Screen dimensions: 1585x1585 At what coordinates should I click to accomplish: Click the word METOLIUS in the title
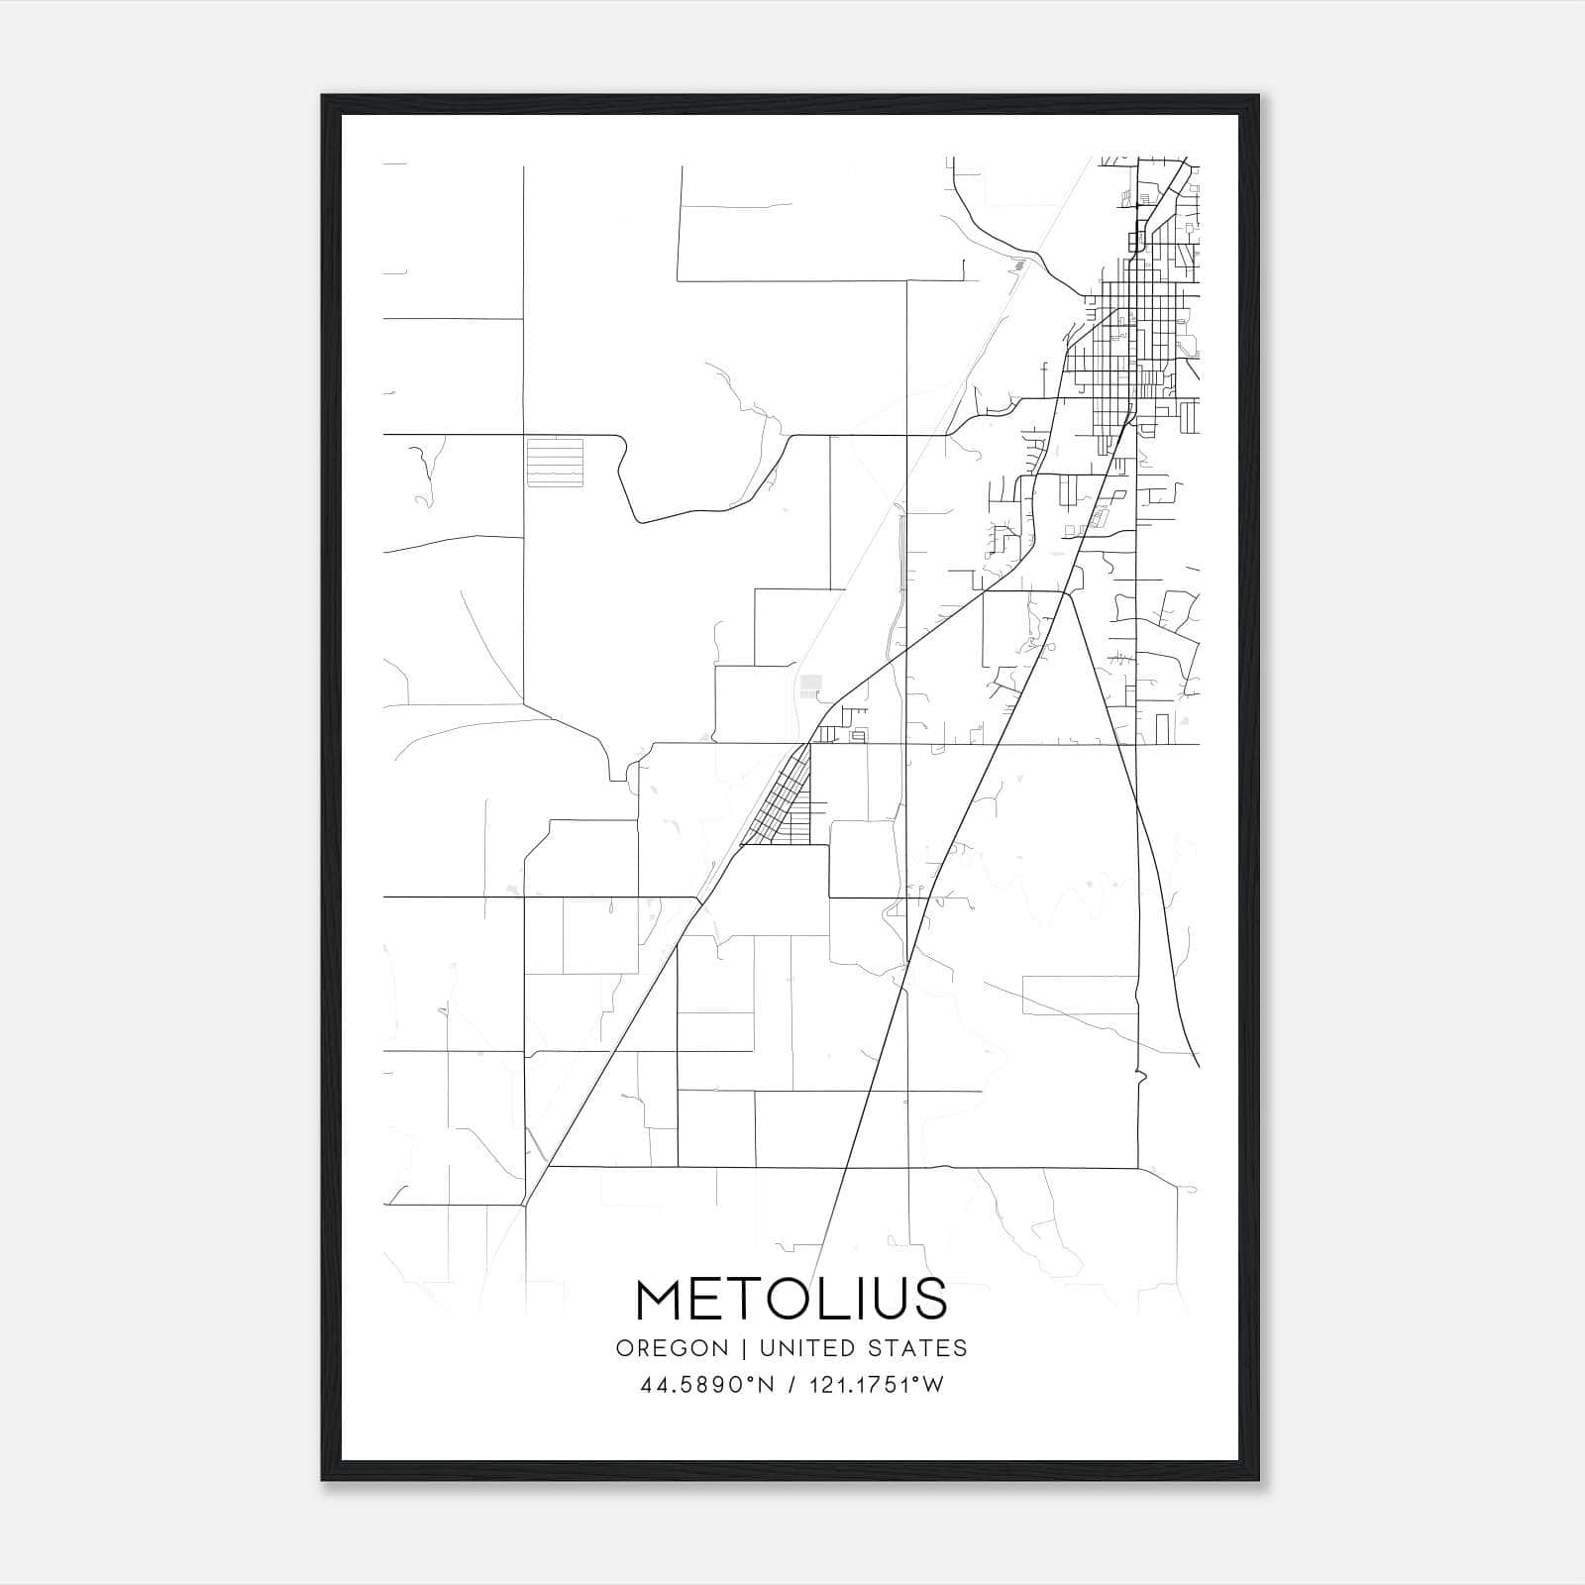point(791,1300)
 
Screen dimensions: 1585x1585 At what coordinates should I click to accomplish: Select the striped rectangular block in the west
point(555,463)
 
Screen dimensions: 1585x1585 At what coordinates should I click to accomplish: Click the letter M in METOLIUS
point(661,1300)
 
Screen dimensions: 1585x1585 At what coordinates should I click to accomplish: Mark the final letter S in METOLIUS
point(929,1300)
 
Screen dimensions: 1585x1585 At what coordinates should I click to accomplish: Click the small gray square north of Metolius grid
point(811,684)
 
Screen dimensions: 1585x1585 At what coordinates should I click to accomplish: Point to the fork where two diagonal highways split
point(1067,592)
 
